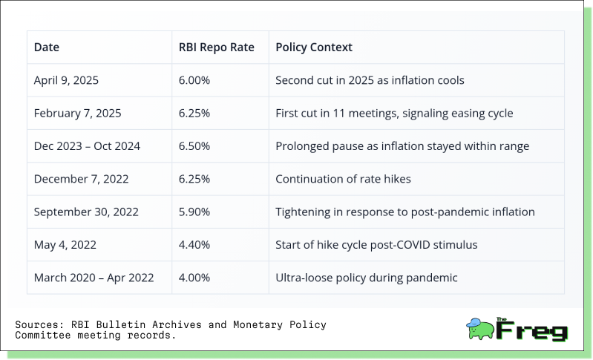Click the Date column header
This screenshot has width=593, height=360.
pyautogui.click(x=47, y=48)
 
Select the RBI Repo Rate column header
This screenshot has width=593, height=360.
pyautogui.click(x=216, y=48)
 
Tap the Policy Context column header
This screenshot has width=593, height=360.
pyautogui.click(x=313, y=48)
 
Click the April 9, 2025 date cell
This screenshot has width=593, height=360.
pyautogui.click(x=66, y=80)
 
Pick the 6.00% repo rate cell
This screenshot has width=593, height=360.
pyautogui.click(x=194, y=80)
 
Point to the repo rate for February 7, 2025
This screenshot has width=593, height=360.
pyautogui.click(x=194, y=113)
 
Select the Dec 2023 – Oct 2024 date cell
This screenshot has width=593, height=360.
pyautogui.click(x=87, y=146)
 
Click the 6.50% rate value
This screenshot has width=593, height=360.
pyautogui.click(x=194, y=146)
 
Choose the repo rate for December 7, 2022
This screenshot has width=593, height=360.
pyautogui.click(x=194, y=179)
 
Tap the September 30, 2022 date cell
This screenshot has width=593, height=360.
pyautogui.click(x=86, y=212)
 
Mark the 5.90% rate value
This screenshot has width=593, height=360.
pyautogui.click(x=194, y=212)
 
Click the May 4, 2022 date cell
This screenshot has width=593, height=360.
pyautogui.click(x=65, y=245)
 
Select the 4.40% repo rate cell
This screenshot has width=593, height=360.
pyautogui.click(x=194, y=245)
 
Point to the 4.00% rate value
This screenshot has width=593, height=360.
pyautogui.click(x=194, y=278)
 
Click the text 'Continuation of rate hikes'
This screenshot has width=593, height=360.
pyautogui.click(x=343, y=179)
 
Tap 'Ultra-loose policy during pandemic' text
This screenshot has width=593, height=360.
pyautogui.click(x=367, y=278)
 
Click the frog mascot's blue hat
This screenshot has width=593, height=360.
pyautogui.click(x=474, y=323)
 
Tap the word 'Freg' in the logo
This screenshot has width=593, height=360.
pyautogui.click(x=531, y=330)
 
